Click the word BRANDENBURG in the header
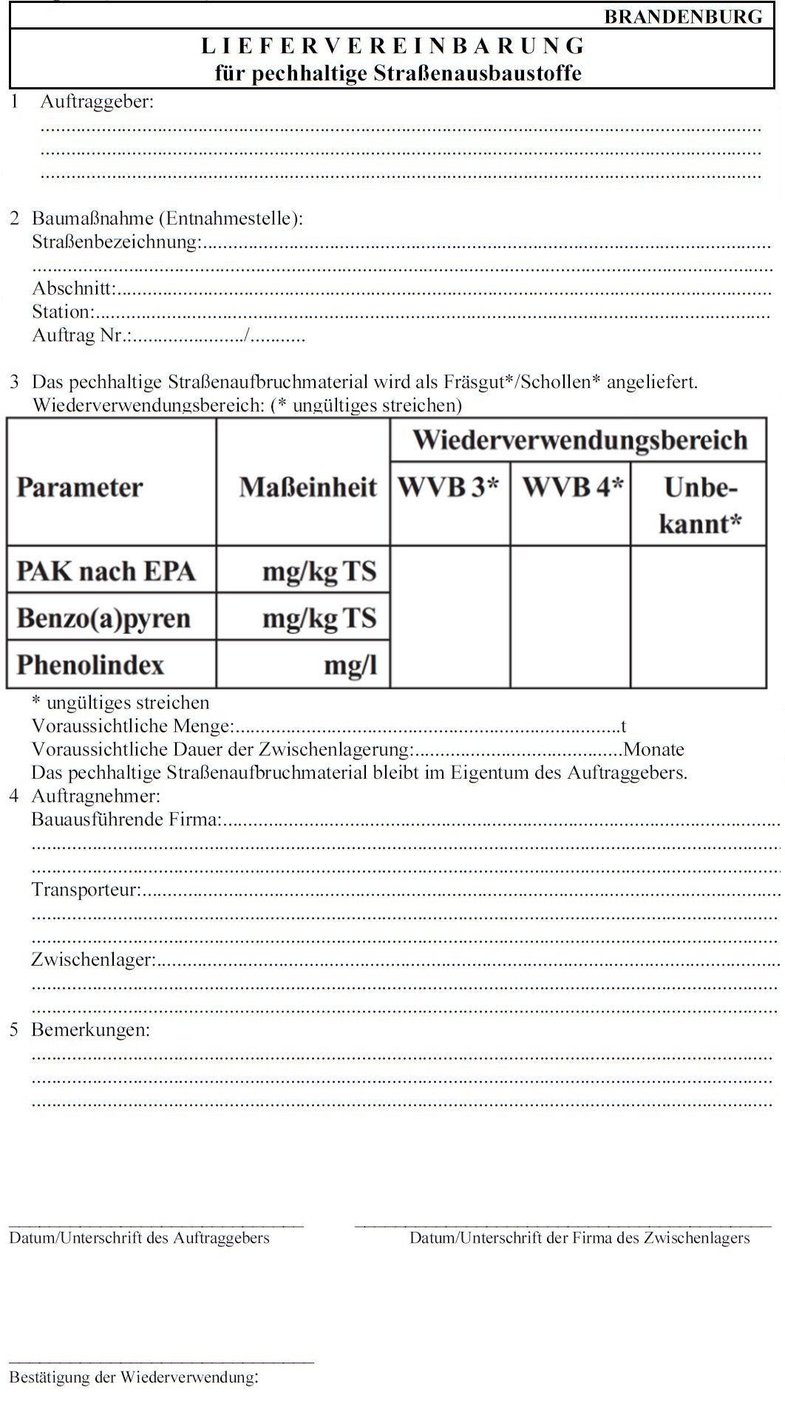pyautogui.click(x=683, y=16)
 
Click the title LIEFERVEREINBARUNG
pyautogui.click(x=393, y=46)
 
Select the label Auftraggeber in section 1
pyautogui.click(x=97, y=102)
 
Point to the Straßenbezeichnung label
pyautogui.click(x=116, y=242)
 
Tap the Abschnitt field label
pyautogui.click(x=74, y=288)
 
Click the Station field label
pyautogui.click(x=63, y=312)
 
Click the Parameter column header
pyautogui.click(x=80, y=488)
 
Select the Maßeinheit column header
pyautogui.click(x=307, y=488)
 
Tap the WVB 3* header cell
pyautogui.click(x=449, y=487)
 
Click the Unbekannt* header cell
pyautogui.click(x=699, y=505)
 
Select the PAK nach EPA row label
pyautogui.click(x=106, y=571)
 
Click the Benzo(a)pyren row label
pyautogui.click(x=103, y=618)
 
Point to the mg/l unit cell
pyautogui.click(x=350, y=665)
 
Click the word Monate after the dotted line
pyautogui.click(x=654, y=749)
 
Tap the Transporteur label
pyautogui.click(x=86, y=889)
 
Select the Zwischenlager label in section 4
pyautogui.click(x=93, y=959)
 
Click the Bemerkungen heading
pyautogui.click(x=90, y=1029)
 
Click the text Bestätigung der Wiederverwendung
pyautogui.click(x=133, y=1377)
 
